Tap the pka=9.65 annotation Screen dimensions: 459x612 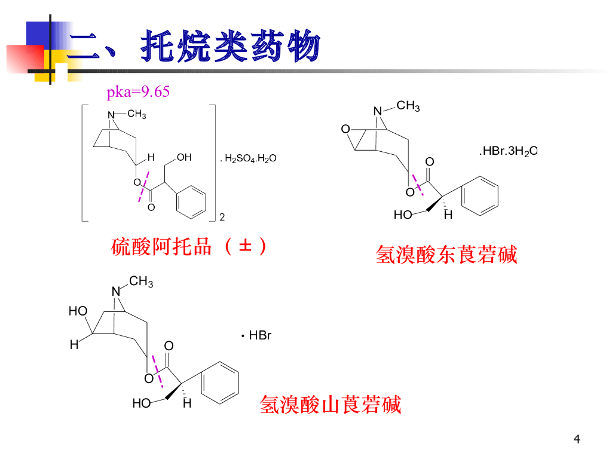coord(138,92)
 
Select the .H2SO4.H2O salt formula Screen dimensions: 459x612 coord(247,159)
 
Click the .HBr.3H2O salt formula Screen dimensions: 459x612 coord(508,151)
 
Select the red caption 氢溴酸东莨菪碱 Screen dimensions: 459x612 coord(446,255)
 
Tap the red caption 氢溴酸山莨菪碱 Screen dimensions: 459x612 coord(331,405)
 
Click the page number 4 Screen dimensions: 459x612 coord(577,440)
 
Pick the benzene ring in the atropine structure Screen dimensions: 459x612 coord(191,200)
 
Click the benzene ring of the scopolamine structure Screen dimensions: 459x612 coord(481,195)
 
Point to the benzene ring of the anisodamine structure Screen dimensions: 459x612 coord(220,382)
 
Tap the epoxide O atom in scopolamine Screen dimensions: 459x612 coord(345,129)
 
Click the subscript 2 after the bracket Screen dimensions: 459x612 coord(222,217)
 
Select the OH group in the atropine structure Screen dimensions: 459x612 coord(184,158)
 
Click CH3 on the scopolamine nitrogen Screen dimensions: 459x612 coord(408,106)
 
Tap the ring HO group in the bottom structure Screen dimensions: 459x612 coord(78,311)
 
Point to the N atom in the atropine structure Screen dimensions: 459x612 coord(110,115)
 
